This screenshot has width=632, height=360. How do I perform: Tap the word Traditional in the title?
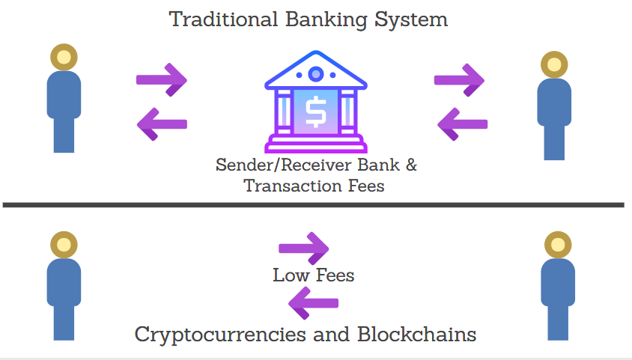(223, 19)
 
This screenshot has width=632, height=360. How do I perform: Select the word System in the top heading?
(413, 19)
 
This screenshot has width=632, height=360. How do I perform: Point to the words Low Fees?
(313, 275)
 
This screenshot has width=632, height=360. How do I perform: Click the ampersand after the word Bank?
(410, 165)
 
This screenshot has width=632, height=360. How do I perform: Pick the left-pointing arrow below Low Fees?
(314, 303)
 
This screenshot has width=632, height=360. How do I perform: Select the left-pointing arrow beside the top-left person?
(162, 123)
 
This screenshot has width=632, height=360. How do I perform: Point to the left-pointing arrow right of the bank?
(462, 123)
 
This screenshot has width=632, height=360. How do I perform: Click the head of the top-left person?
(64, 57)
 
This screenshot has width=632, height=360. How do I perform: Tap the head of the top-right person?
(554, 64)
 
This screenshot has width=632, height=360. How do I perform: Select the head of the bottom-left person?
(64, 245)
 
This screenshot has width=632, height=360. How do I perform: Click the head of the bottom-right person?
(557, 245)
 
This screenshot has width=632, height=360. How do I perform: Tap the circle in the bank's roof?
(316, 74)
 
